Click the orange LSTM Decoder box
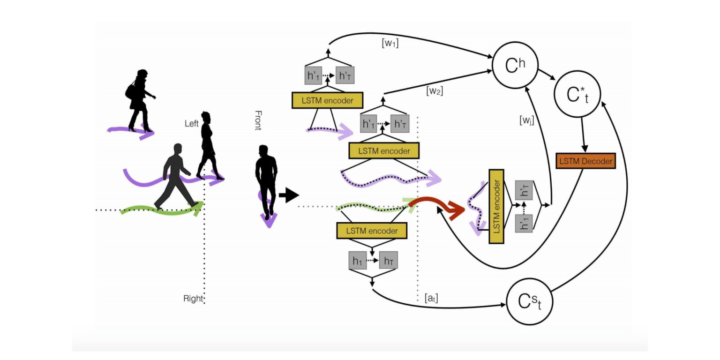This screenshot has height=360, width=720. tap(585, 161)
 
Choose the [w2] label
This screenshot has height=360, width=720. tap(435, 91)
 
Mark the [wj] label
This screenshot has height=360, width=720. tap(526, 120)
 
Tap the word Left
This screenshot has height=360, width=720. tap(192, 124)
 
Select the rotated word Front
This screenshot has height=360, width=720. tap(258, 120)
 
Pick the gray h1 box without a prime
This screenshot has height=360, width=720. tap(357, 260)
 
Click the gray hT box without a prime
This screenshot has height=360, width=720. tap(388, 260)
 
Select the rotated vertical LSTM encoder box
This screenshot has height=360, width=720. tap(496, 206)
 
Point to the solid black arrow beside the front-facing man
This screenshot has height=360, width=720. tap(288, 195)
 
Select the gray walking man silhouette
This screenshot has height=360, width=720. tap(176, 176)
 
